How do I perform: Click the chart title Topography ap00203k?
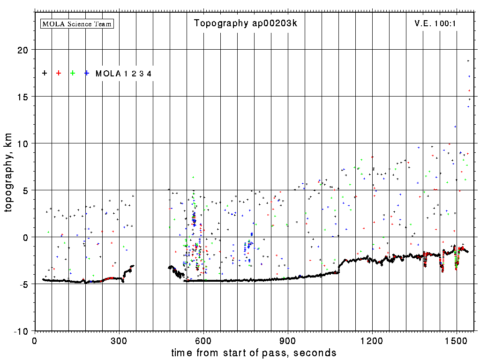point(246,23)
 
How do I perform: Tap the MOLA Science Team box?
point(77,23)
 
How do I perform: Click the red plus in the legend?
point(59,73)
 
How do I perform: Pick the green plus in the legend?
point(73,73)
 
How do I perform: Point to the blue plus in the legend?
point(87,73)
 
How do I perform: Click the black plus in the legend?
point(45,73)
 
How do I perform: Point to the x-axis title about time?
point(254,352)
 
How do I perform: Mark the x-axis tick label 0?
point(35,341)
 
